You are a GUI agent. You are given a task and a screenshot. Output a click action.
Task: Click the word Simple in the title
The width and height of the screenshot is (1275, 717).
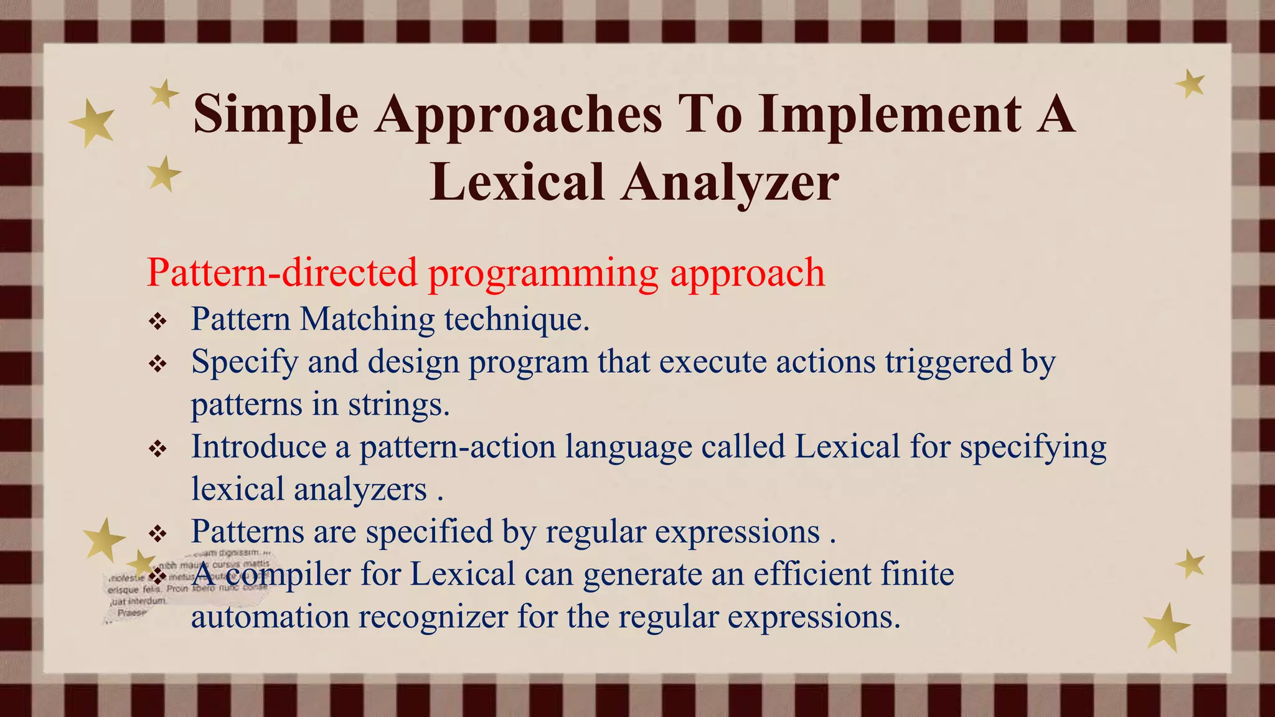click(276, 115)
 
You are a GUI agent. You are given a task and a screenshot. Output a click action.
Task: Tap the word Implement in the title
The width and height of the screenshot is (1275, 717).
click(890, 115)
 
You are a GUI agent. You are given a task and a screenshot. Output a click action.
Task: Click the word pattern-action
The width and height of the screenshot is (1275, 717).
click(457, 447)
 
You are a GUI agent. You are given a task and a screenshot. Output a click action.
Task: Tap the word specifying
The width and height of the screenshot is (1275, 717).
click(1033, 448)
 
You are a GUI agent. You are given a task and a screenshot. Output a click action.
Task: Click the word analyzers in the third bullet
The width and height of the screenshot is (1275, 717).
click(360, 490)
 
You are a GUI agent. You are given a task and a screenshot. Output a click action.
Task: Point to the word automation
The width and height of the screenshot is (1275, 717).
click(270, 617)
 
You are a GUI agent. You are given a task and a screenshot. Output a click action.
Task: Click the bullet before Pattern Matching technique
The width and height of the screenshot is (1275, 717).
click(158, 322)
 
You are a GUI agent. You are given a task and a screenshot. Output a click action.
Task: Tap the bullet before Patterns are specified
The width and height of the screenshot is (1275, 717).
click(158, 533)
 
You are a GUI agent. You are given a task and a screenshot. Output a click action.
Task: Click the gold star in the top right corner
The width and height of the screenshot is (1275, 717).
click(1190, 84)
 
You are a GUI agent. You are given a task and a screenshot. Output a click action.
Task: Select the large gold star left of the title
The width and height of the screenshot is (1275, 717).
click(92, 123)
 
